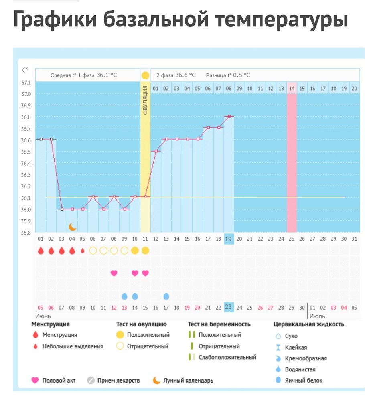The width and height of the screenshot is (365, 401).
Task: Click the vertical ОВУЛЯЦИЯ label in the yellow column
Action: tap(145, 100)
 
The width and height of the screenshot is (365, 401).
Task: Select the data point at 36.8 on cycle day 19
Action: tap(229, 116)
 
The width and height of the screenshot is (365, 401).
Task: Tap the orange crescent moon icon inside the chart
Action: tap(73, 227)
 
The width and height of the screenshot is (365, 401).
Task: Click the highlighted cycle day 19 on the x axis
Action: tap(229, 239)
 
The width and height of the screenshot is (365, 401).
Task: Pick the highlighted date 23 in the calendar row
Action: tap(229, 307)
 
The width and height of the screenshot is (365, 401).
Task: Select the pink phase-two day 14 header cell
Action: tap(292, 88)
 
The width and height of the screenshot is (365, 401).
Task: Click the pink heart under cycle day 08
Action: tap(114, 273)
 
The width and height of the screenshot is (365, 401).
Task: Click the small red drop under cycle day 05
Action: tap(83, 251)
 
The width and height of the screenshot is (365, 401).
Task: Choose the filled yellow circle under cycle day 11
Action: tap(145, 251)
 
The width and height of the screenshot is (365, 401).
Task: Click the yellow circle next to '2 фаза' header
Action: tap(145, 75)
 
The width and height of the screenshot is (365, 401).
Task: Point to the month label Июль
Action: tap(317, 316)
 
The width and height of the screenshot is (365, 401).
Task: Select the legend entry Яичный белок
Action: tap(304, 380)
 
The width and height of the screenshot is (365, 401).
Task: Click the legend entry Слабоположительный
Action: tap(227, 357)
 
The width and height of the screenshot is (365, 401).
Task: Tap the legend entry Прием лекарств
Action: tap(118, 380)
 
